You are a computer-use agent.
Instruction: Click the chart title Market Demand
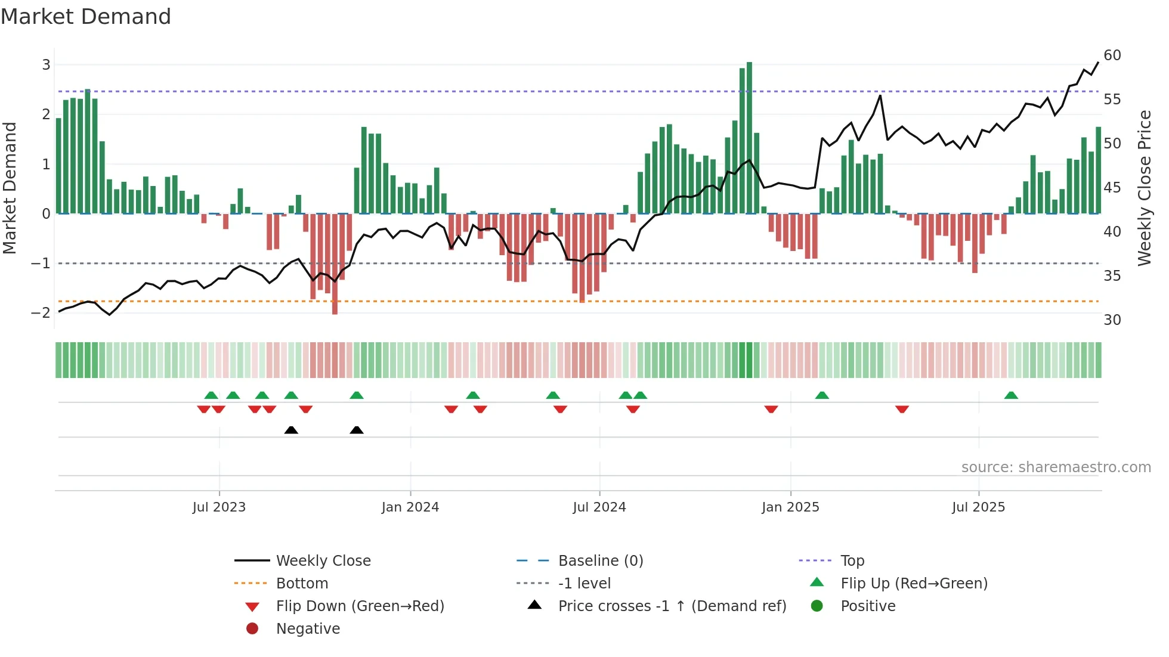pos(86,17)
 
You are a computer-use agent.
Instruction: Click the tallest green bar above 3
pos(749,137)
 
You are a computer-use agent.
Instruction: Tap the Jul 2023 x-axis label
pos(219,507)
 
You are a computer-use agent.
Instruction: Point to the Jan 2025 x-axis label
pos(790,507)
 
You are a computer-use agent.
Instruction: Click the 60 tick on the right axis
pos(1112,55)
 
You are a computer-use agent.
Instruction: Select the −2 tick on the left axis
pos(41,312)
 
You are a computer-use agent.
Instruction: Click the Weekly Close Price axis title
pos(1144,188)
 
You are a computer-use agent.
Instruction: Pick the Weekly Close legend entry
pos(323,561)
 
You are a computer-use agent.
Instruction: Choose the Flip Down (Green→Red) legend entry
pos(360,606)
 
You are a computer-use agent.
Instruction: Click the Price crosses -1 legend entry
pos(672,606)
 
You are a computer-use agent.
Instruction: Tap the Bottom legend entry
pos(302,584)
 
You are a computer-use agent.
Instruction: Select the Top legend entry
pos(852,561)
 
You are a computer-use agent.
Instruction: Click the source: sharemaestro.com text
pos(1056,467)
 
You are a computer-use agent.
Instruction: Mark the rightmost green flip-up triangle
pos(1011,395)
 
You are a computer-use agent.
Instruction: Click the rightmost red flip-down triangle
pos(902,409)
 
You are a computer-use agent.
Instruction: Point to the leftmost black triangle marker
pos(291,430)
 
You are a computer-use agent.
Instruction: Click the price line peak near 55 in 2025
pos(880,95)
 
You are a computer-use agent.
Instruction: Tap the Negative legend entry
pos(308,629)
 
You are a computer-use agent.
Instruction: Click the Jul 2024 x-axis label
pos(599,507)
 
